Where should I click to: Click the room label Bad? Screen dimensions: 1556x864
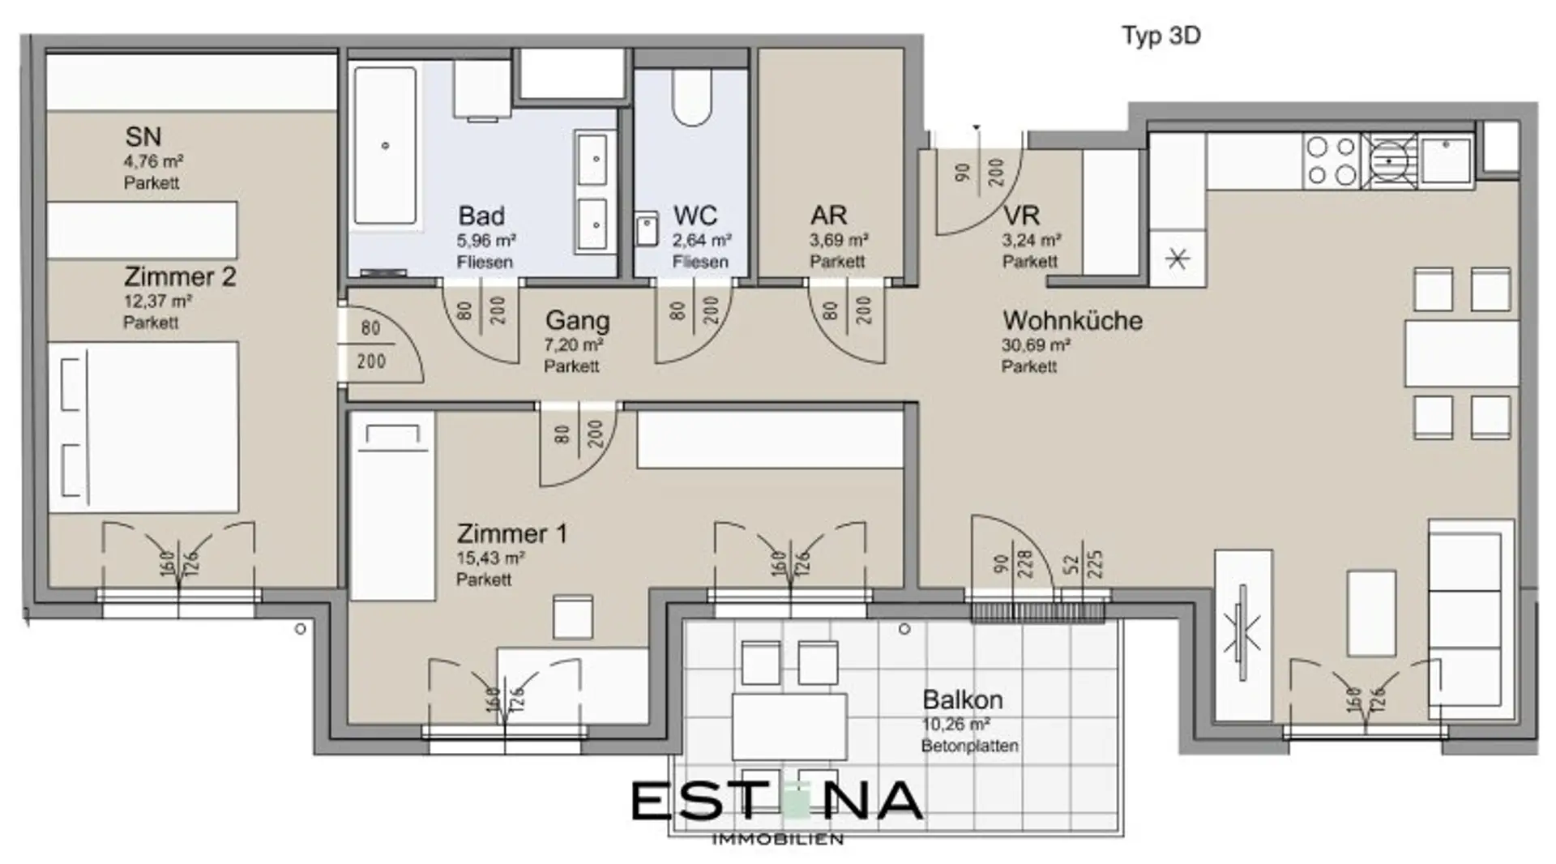point(481,216)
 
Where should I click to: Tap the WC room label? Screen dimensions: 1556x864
point(695,216)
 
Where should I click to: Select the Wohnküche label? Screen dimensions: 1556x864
point(1072,320)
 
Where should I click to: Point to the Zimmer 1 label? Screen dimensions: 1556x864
point(512,533)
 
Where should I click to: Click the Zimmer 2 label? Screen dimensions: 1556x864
point(180,276)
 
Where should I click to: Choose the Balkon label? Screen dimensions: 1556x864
point(963,699)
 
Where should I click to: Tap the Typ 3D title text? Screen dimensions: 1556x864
point(1161,36)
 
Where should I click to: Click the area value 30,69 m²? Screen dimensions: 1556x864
point(1036,345)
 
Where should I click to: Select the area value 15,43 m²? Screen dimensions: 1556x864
point(490,558)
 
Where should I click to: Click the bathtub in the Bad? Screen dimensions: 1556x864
point(386,146)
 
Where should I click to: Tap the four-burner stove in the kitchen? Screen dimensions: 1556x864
point(1331,160)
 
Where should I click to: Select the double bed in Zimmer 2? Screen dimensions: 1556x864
point(143,427)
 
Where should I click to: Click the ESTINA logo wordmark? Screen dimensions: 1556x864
point(776,800)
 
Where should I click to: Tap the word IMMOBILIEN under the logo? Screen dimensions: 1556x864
point(777,839)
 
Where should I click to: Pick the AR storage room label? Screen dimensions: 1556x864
point(828,216)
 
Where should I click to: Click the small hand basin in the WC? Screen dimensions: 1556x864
point(646,229)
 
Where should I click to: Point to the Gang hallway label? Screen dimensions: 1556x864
point(577,321)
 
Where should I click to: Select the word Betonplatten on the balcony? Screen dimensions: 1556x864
point(969,746)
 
